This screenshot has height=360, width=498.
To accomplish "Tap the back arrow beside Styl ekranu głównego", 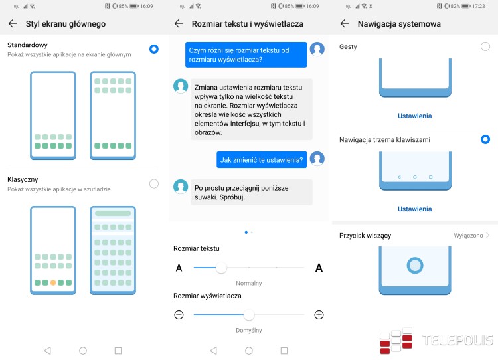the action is click(x=13, y=23).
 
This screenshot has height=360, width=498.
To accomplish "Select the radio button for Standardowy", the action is click(x=154, y=49).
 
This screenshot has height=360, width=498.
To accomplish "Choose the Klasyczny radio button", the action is click(x=154, y=184).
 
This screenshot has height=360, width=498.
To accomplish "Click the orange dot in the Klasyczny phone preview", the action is click(x=53, y=282).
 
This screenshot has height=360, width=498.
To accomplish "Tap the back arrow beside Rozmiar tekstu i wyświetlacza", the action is click(x=179, y=23).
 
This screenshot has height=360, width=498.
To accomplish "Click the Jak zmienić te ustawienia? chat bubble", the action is click(x=262, y=160).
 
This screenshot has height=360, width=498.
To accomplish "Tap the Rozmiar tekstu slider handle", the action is click(x=221, y=268).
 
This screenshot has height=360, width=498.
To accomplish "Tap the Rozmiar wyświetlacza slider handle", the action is click(x=249, y=315).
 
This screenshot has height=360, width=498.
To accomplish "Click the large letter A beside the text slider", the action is click(x=319, y=268).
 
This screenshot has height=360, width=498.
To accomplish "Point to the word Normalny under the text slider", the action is click(x=249, y=283).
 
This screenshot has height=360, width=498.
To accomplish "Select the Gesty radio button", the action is click(x=485, y=46).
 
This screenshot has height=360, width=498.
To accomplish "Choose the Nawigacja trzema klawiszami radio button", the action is click(x=485, y=139).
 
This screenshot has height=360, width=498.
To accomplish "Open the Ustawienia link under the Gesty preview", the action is click(x=415, y=116).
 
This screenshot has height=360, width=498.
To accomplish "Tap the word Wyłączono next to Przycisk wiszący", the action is click(x=468, y=235).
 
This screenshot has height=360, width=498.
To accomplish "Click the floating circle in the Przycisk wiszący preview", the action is click(x=415, y=265).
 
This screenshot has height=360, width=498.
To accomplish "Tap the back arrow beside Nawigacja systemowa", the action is click(x=345, y=23).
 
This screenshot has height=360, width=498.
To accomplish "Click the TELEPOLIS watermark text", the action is click(x=457, y=340).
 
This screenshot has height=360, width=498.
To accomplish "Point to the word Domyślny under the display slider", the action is click(x=249, y=331).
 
